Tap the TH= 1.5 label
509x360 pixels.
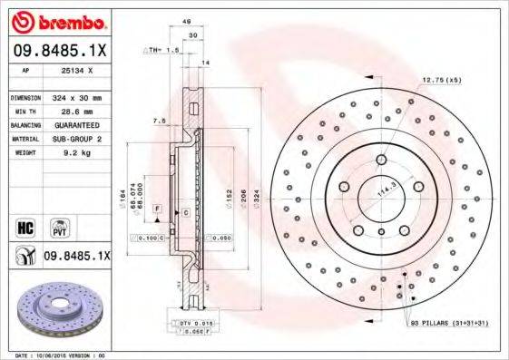[x=163, y=51]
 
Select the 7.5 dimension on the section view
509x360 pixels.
[x=158, y=121]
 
